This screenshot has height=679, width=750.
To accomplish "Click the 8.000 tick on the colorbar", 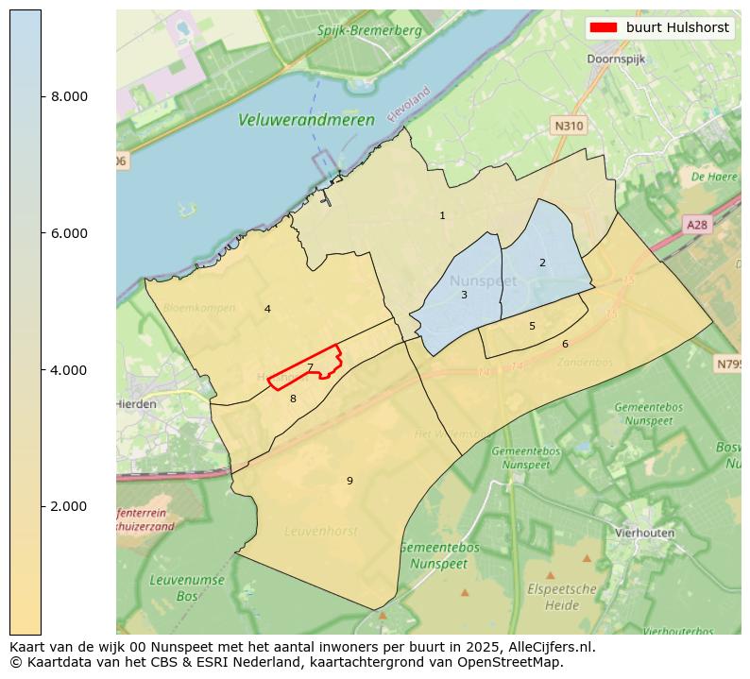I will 68,96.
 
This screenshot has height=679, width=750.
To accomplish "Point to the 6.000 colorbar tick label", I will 68,233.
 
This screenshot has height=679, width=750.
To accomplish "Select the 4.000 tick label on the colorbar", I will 68,369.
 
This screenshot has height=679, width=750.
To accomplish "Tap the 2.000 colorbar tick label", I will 68,506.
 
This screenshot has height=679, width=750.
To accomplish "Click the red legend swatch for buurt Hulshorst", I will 604,27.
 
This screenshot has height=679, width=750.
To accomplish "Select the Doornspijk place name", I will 616,59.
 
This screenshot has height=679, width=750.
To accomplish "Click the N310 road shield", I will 569,125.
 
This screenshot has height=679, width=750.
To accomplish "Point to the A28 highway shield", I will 696,225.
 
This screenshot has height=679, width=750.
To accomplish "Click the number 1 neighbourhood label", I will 442,216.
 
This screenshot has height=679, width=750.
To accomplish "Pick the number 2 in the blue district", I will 542,263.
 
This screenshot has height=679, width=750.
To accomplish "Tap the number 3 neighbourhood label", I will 464,295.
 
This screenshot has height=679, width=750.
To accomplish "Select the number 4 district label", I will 267,309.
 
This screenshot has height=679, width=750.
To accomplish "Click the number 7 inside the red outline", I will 310,367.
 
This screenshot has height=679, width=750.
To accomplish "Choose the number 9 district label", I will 349,481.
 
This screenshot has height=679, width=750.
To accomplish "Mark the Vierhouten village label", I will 644,533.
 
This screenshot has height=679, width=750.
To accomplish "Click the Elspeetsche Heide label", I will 561,596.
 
